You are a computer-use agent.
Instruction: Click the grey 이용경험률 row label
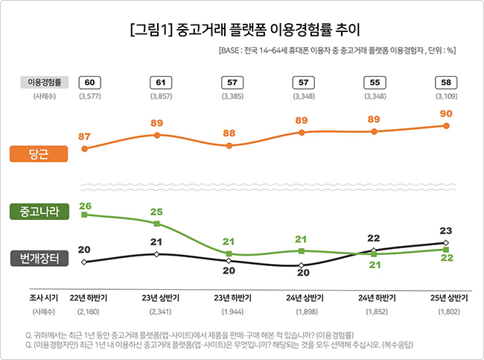click(x=44, y=82)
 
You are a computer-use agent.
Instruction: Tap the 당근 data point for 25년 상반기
click(x=446, y=126)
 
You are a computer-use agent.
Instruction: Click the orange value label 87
click(x=84, y=136)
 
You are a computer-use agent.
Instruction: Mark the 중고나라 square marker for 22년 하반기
click(x=84, y=215)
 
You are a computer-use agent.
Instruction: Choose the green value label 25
click(x=156, y=212)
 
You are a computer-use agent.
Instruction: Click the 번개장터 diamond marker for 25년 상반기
click(x=446, y=243)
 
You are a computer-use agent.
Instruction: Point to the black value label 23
click(x=446, y=230)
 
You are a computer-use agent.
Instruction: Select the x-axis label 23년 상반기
click(x=157, y=297)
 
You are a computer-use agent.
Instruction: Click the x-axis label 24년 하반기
click(x=375, y=297)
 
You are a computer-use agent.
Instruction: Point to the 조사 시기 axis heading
click(x=43, y=297)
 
